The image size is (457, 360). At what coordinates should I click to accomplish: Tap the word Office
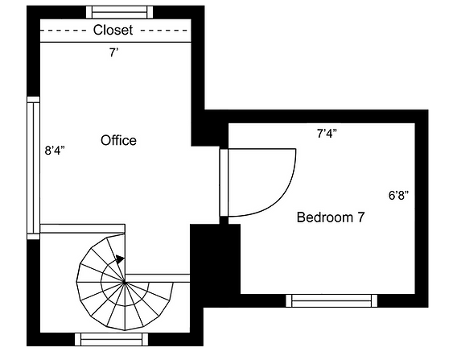(118, 141)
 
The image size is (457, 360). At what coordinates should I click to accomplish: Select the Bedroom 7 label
(330, 217)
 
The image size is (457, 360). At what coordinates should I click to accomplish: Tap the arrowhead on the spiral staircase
(119, 259)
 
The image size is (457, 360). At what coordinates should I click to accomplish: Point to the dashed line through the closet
(64, 31)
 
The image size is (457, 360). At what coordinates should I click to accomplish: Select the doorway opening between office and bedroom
(224, 184)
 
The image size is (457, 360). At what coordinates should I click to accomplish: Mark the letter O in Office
(105, 141)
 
